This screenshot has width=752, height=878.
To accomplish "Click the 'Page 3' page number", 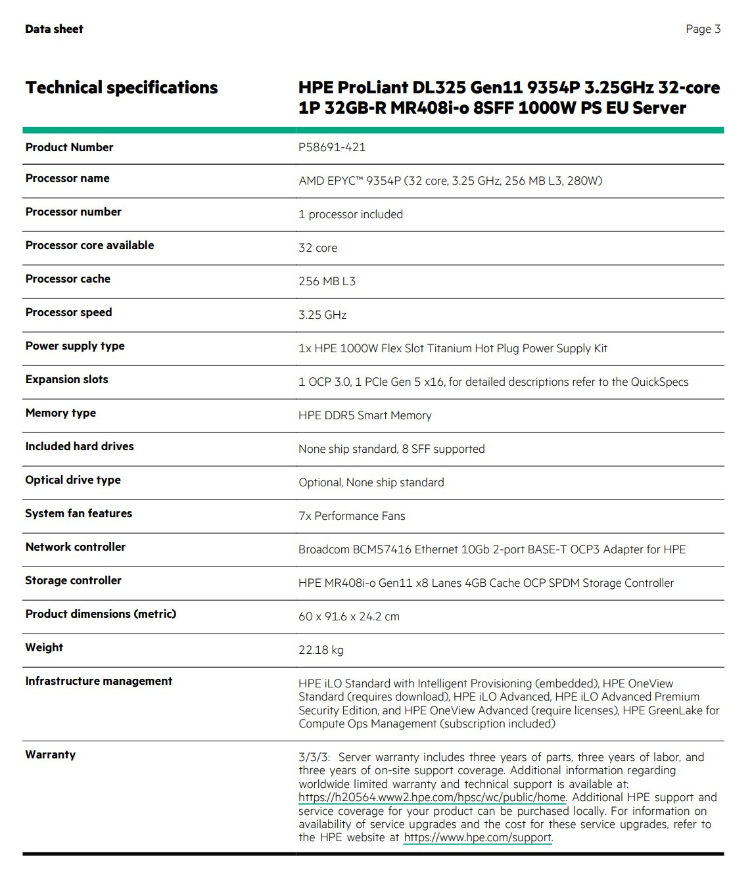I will coord(703,29).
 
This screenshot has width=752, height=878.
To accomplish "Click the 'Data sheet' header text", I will coord(54,29).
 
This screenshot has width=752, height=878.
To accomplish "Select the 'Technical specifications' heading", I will coord(122,87).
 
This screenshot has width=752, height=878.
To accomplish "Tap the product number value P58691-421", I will coord(332,147).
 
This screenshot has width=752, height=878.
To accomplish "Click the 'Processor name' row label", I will coord(67,178).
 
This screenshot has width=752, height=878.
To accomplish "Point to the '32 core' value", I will coord(317,248).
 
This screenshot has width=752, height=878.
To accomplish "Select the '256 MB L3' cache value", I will coord(327,281).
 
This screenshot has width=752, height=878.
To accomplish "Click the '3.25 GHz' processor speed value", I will coord(322,315).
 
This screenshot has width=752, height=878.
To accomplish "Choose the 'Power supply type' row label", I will coord(75,346).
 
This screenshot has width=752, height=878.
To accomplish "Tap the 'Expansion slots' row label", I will coord(66,379).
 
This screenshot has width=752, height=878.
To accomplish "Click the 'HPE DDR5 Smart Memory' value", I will coord(365,415).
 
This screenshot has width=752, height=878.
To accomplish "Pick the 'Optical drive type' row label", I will coord(73,480).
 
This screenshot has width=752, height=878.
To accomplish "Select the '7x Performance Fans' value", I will coord(352,516).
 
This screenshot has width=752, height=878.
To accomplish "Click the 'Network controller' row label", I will coord(76,547).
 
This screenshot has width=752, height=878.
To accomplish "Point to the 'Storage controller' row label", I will coord(73,580).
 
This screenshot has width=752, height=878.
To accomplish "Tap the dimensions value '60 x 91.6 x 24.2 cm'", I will coord(349,616).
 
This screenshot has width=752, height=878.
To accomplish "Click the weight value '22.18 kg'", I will coord(321,650).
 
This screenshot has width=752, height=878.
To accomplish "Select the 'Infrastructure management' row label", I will coord(99,681).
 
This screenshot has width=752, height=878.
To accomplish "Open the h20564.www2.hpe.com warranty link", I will coord(432,797).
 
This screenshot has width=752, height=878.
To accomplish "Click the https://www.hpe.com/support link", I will coord(478,837).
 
